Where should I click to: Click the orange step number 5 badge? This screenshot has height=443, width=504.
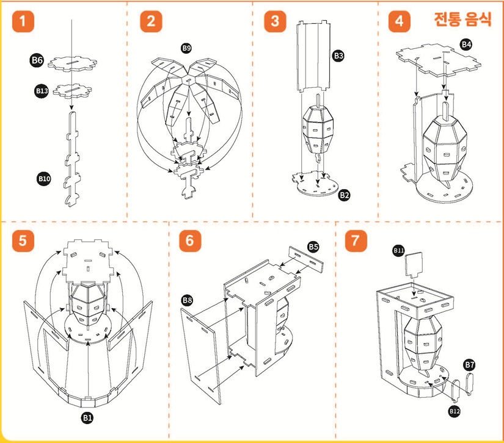[x=23, y=240]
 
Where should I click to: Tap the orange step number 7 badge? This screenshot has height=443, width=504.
[x=355, y=240]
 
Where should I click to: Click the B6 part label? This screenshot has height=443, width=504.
[x=37, y=60]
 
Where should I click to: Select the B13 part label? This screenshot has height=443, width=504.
[x=41, y=91]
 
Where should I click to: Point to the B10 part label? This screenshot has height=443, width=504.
[x=43, y=179]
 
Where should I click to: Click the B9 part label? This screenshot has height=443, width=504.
[x=186, y=48]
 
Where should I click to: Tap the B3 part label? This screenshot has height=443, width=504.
[x=338, y=56]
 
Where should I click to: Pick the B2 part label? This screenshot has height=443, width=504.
[x=345, y=195]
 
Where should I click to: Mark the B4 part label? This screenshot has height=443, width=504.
[x=467, y=45]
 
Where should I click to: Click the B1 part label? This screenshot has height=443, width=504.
[x=87, y=417]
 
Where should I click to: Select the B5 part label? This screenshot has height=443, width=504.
[x=313, y=247]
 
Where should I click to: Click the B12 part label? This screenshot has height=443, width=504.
[x=454, y=411]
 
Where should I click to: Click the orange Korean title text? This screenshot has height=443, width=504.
[x=462, y=20]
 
